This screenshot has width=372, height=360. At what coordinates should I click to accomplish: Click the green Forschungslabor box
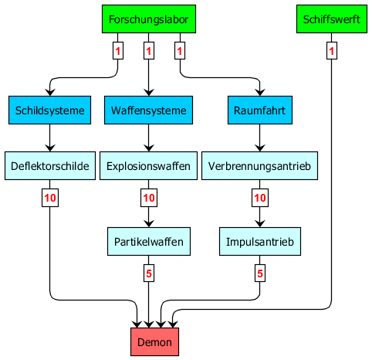click(149, 19)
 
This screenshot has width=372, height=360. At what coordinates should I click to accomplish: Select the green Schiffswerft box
click(332, 19)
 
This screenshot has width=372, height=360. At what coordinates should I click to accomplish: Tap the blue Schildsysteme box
click(49, 110)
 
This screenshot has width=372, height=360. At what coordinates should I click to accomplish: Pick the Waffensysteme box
click(148, 110)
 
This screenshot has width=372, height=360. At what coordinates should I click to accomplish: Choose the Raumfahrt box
click(260, 110)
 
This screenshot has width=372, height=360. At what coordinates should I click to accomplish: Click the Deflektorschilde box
click(50, 166)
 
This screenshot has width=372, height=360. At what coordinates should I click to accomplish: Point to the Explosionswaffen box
click(148, 166)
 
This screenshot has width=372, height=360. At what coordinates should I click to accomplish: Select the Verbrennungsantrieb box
click(259, 166)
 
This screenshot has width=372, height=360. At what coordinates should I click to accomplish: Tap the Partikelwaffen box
click(149, 242)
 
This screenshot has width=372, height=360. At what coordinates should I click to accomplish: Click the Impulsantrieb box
click(260, 242)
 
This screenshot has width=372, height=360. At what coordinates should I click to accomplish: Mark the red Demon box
click(154, 342)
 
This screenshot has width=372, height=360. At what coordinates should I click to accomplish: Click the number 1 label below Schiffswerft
click(332, 51)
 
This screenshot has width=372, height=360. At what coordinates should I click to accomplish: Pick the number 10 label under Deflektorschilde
click(50, 198)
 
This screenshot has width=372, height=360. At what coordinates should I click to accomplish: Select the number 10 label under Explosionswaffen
click(149, 198)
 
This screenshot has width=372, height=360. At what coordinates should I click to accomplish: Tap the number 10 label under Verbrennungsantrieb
click(260, 198)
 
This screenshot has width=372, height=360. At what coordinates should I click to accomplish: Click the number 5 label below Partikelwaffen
click(149, 273)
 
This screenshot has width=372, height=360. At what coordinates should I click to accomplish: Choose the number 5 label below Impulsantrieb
click(260, 273)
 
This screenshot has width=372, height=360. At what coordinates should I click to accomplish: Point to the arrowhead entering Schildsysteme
click(50, 92)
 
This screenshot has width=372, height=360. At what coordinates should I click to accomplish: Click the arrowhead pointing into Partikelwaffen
click(148, 223)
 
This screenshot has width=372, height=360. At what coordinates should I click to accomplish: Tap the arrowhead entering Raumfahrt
click(260, 92)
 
